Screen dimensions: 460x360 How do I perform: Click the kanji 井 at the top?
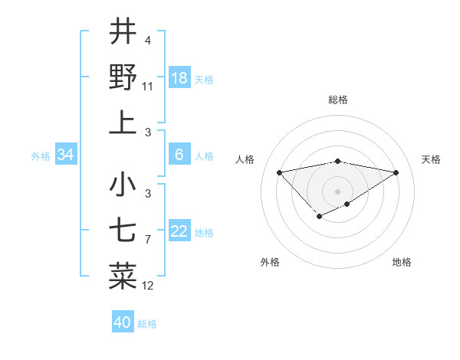(123, 31)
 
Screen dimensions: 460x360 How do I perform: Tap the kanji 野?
(123, 77)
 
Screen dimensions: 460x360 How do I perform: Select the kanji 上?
(123, 123)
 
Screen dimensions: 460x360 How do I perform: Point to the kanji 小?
(123, 185)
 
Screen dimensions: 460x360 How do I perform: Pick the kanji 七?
(123, 231)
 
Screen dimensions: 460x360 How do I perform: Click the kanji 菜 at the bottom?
(123, 277)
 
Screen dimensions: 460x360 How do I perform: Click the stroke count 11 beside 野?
(148, 87)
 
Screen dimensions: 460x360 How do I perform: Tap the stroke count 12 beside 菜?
(148, 286)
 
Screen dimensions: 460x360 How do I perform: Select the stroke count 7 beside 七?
(147, 240)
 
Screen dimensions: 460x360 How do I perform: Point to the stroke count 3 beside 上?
(147, 133)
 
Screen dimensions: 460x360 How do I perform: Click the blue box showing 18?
(179, 78)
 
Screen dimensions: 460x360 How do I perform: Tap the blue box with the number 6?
(179, 155)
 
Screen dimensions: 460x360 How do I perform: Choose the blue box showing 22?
(179, 231)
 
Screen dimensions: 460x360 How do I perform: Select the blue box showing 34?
(66, 155)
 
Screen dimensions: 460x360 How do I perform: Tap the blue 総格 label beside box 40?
(147, 324)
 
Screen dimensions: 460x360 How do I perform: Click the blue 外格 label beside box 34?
(41, 156)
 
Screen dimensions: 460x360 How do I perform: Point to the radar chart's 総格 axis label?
(337, 100)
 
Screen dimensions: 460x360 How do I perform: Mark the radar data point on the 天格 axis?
(396, 172)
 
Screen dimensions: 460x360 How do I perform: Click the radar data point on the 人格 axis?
(279, 172)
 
